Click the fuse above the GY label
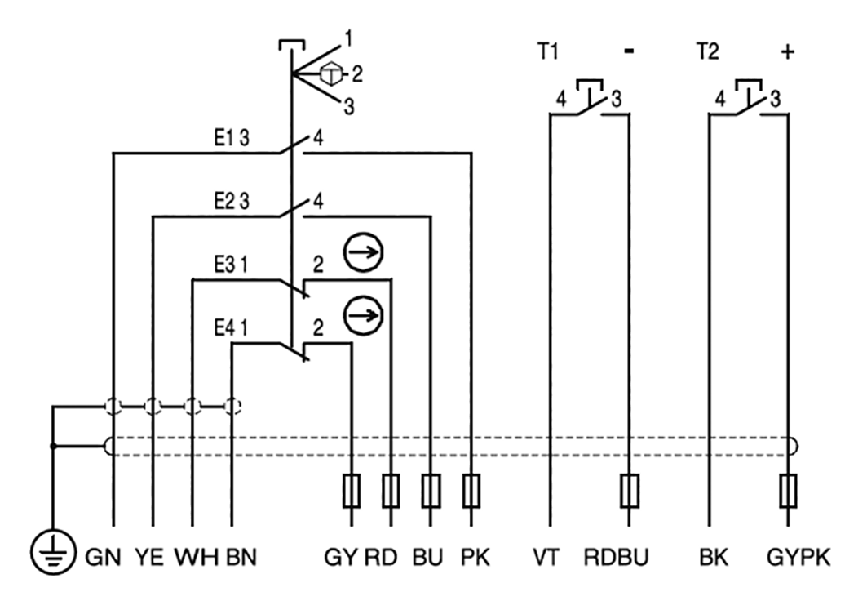point(352,492)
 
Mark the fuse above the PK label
point(471,492)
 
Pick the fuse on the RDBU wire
point(629,492)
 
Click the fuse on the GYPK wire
point(788,492)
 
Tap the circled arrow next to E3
point(362,251)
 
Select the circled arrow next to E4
point(362,314)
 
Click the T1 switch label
point(546,52)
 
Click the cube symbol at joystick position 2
point(330,74)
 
